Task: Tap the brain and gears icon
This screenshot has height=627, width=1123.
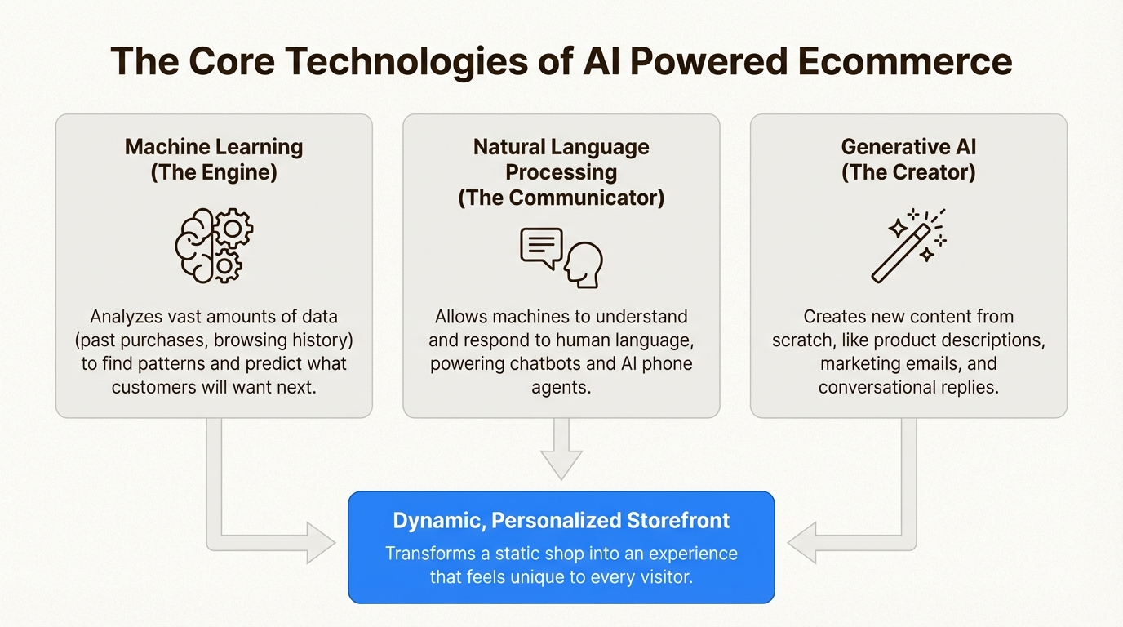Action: (214, 245)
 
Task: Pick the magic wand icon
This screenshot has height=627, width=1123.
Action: (908, 245)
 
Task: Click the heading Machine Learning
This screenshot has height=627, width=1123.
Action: (214, 147)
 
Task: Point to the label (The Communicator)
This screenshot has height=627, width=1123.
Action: (561, 198)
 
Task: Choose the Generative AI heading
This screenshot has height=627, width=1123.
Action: (908, 147)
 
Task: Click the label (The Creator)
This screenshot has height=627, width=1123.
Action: (908, 172)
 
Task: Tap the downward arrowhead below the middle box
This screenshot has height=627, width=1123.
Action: (561, 464)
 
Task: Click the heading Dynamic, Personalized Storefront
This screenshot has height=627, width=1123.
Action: (561, 521)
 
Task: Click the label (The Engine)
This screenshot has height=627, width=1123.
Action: (214, 172)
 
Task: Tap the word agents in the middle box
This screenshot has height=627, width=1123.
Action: (561, 387)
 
